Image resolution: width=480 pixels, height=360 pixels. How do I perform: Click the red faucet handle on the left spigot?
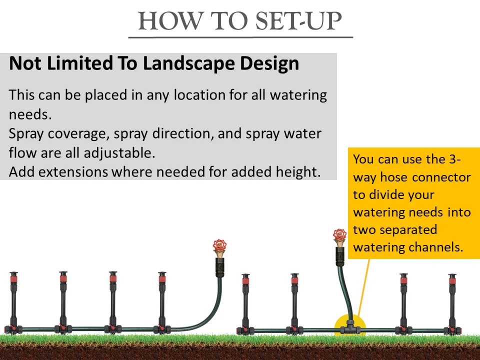click(220, 245)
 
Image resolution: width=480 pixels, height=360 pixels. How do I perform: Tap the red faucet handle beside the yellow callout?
click(340, 235)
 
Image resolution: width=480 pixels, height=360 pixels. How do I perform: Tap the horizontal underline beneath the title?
click(240, 37)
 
